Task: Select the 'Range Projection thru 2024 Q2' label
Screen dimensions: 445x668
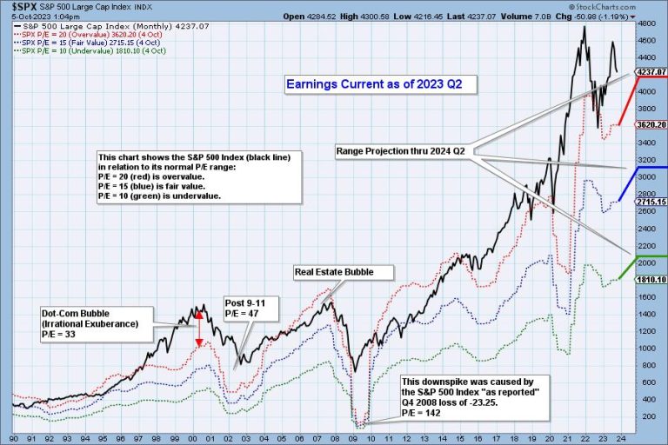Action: coord(401,151)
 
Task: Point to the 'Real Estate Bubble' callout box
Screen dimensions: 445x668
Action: coord(334,272)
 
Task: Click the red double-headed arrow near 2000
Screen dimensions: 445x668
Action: coord(198,329)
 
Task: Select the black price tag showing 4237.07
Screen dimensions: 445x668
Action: coord(651,72)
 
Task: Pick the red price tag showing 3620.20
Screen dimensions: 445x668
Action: coord(651,124)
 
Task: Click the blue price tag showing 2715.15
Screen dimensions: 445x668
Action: coord(651,202)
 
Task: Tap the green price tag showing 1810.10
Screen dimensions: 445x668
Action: coord(651,280)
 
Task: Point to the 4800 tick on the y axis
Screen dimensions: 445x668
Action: coord(646,23)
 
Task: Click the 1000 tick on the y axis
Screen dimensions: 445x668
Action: coord(646,349)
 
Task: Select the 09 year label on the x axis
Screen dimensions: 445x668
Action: coord(357,437)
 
